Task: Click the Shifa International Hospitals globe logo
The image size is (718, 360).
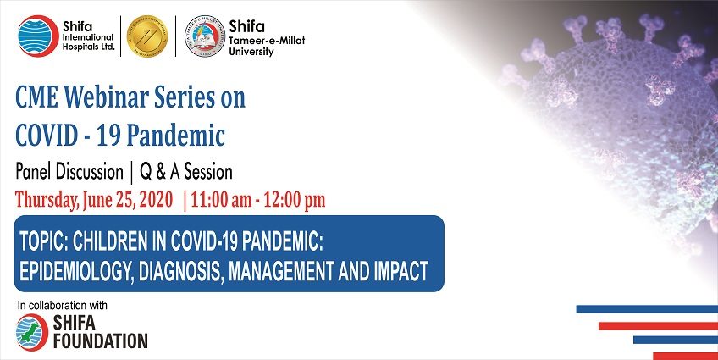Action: pos(38,36)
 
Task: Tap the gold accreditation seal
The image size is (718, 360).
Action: pos(147,36)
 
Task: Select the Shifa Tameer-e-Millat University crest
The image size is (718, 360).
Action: pos(205,36)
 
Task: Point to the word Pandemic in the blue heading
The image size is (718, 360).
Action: pos(175,136)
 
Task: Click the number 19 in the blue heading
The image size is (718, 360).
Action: pos(108,136)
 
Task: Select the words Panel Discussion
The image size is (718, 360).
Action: pos(69,172)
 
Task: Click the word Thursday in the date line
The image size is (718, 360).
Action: pos(47,200)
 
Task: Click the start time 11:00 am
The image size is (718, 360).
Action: pos(221,200)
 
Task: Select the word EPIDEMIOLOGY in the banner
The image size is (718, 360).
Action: pos(76,271)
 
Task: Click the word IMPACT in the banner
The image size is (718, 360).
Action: pos(401,271)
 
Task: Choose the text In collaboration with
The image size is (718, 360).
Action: pos(63,306)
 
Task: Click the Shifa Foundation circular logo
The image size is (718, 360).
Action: pos(31,333)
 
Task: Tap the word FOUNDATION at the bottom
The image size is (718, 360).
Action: pos(100,341)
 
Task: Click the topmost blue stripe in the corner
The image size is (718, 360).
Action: pos(647,309)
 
